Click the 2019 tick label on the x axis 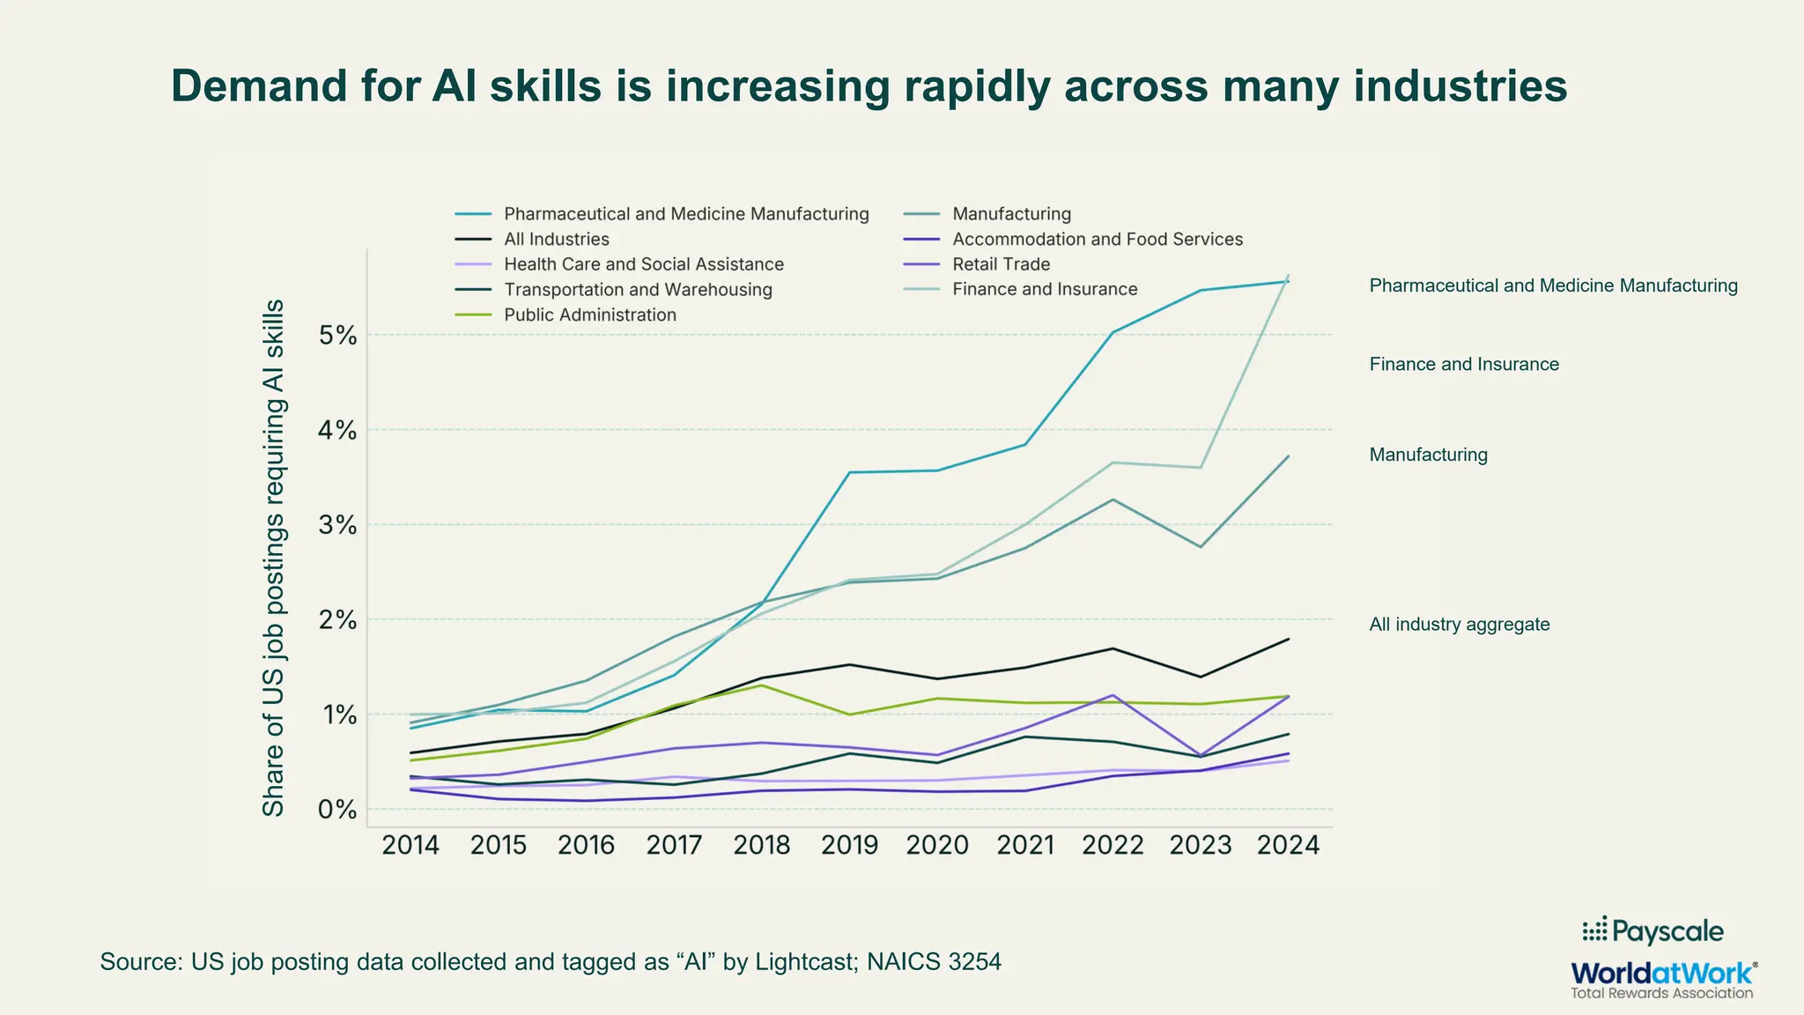849,846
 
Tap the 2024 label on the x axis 1288,846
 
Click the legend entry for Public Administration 589,315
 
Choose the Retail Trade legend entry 1001,264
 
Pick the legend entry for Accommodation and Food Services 1097,240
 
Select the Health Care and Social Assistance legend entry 643,264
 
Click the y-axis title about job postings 274,559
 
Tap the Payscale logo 1652,931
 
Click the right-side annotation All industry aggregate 1459,625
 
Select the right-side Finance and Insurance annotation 1463,365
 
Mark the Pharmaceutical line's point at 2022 1113,332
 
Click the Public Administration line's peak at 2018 762,685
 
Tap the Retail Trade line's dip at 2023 1201,755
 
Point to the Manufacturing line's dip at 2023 1201,547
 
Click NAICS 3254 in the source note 934,961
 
